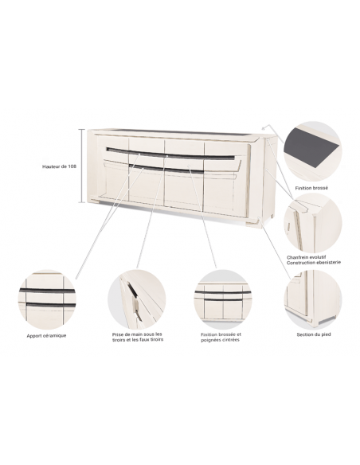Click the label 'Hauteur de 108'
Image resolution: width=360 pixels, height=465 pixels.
point(59,166)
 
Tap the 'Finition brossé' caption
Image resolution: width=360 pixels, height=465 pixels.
point(311,188)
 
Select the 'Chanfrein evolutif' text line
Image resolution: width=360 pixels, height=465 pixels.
point(307,257)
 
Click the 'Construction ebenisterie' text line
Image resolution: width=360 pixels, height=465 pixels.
point(314,263)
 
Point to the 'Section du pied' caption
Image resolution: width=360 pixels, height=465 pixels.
point(314,334)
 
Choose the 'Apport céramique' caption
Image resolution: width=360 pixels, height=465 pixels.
point(46,336)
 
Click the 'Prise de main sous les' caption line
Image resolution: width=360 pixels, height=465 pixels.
point(137,334)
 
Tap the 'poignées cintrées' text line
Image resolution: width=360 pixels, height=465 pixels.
point(220,340)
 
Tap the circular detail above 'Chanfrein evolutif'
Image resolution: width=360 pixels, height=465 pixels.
point(313,223)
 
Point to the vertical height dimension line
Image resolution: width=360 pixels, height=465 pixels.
point(82,166)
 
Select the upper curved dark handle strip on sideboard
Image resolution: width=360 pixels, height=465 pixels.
point(170,154)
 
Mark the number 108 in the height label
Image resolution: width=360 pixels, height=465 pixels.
point(72,166)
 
